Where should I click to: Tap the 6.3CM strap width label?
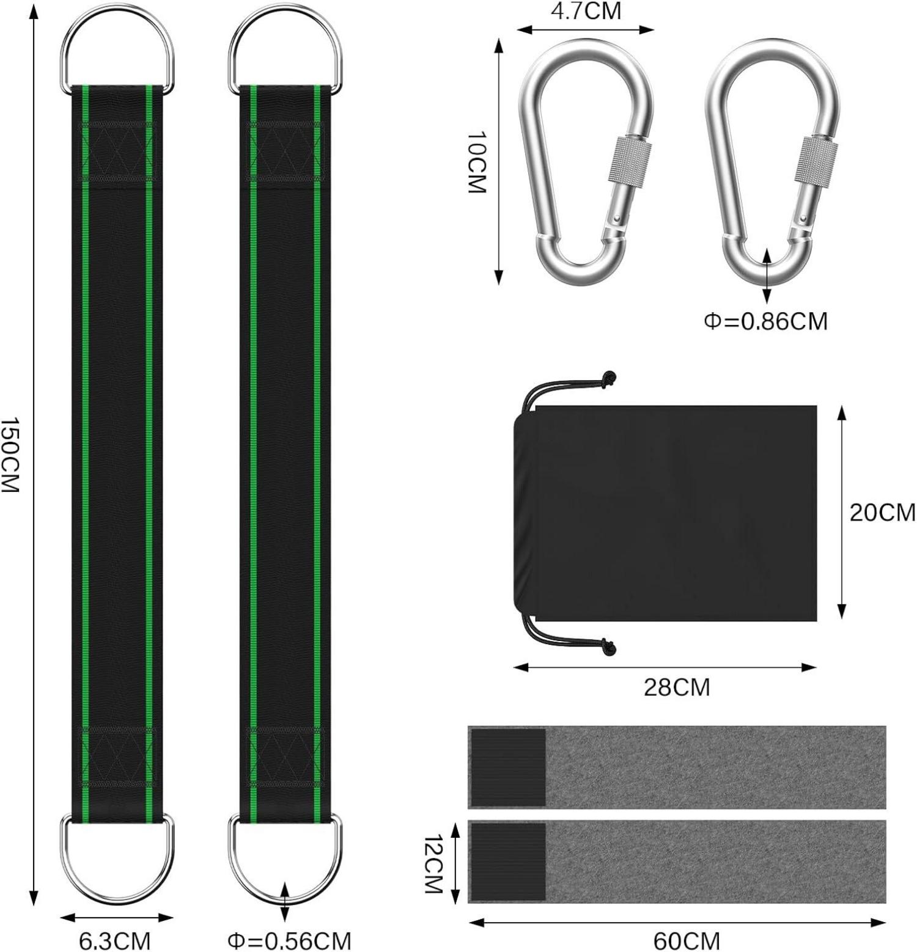[x=115, y=940]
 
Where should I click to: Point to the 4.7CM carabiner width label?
[x=586, y=10]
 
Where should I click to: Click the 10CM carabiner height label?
[x=477, y=163]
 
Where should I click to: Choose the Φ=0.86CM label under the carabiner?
[x=766, y=321]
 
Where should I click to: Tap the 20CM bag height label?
[x=882, y=512]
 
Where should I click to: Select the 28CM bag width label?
[x=677, y=687]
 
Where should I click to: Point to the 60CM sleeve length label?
[x=687, y=940]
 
